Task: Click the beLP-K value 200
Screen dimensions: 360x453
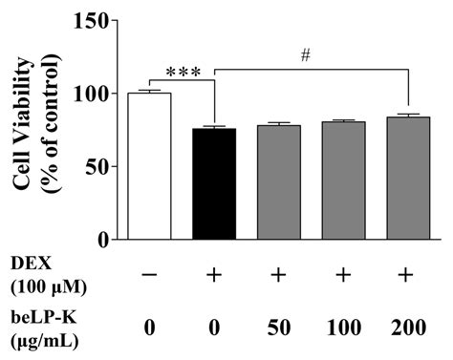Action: click(x=408, y=328)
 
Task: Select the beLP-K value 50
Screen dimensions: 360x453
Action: click(x=278, y=328)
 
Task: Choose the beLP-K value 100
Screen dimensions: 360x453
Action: click(x=343, y=328)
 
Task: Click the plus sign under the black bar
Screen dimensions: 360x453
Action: click(x=214, y=273)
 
